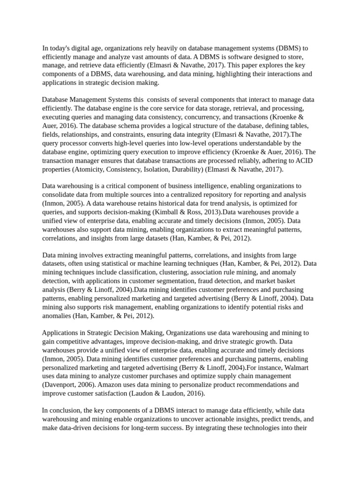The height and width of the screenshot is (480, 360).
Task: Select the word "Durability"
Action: [184, 169]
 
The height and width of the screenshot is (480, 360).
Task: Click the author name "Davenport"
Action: [61, 384]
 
